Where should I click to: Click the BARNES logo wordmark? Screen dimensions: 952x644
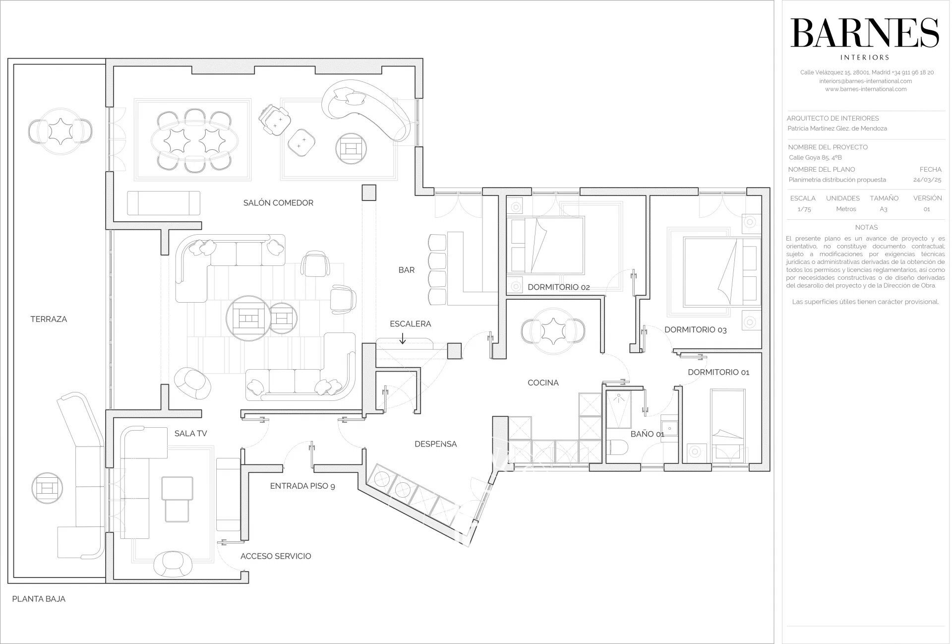point(865,33)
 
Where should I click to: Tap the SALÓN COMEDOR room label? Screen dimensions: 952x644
point(278,202)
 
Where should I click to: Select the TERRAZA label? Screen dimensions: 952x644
point(49,319)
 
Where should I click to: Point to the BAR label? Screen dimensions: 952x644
point(407,270)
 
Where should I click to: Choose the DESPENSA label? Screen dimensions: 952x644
point(436,444)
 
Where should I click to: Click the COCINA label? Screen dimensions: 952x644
point(543,383)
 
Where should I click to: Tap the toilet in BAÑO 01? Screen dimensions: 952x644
point(618,448)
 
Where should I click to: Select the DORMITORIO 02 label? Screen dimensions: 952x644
point(558,287)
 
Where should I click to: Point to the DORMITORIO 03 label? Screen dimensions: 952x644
point(696,329)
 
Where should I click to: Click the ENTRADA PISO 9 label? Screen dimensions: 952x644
point(302,486)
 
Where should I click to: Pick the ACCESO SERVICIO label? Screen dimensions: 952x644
point(276,556)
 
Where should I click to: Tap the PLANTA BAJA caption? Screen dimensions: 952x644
point(39,599)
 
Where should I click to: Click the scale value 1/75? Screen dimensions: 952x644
point(804,209)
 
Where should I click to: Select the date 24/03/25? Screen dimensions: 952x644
point(927,180)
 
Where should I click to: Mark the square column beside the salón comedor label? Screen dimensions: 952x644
point(369,193)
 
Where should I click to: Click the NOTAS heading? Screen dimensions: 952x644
point(866,227)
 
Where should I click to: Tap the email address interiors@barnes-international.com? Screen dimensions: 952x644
point(865,81)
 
